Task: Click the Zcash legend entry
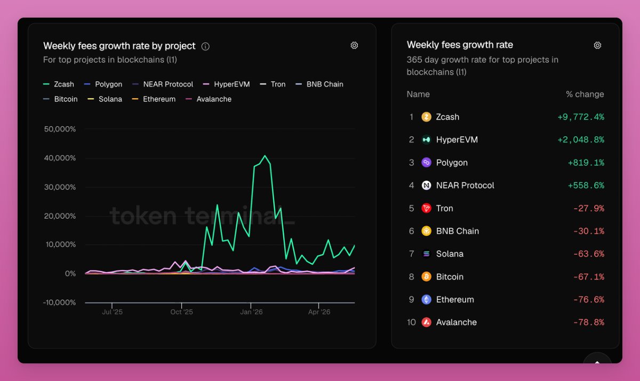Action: [59, 84]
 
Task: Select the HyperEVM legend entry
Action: [226, 84]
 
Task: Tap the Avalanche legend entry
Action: [209, 99]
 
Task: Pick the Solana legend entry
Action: [105, 99]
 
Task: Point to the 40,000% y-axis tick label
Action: [60, 158]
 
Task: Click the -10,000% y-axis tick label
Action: [59, 303]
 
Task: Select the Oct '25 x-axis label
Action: [181, 312]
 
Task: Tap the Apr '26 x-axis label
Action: [319, 312]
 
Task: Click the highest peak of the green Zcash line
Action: [265, 156]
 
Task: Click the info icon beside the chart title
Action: [205, 46]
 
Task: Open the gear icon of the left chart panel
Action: [354, 45]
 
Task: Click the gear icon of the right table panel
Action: [597, 45]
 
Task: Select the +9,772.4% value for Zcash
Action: [581, 117]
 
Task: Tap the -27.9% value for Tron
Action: [589, 208]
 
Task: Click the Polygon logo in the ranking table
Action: [426, 163]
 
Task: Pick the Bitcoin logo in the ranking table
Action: [426, 276]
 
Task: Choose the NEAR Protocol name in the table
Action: [465, 186]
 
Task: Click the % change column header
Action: [585, 94]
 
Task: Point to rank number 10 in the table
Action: [411, 322]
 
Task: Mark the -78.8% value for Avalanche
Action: [589, 322]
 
